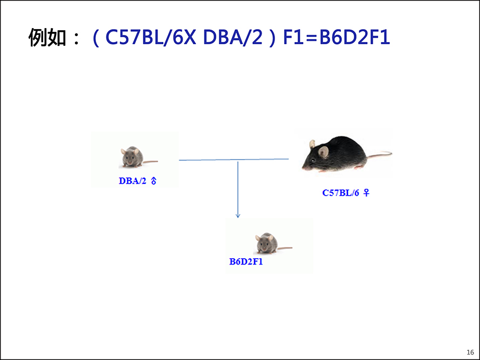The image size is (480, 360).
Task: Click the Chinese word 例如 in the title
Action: coord(47,37)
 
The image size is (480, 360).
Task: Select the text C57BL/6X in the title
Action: coord(150,37)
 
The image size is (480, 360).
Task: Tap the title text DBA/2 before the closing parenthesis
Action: coord(232,37)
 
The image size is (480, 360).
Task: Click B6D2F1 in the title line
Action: coord(354,37)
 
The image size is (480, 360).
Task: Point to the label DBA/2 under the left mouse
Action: coord(133,181)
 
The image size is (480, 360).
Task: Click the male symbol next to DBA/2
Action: coord(154,181)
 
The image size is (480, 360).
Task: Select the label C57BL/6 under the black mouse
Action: coord(340,193)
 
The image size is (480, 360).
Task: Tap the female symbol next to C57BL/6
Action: coord(366,193)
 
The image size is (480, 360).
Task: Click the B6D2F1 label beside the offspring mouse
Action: coord(246,261)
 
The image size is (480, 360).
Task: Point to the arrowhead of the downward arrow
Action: coord(238,216)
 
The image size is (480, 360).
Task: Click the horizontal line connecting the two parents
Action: coord(234,160)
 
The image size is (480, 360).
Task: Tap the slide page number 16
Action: coord(470,352)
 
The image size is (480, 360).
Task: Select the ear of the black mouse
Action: coord(323,151)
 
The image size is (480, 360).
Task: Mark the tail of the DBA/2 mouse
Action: coord(150,162)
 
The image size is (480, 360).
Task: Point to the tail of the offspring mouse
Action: coord(285,248)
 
